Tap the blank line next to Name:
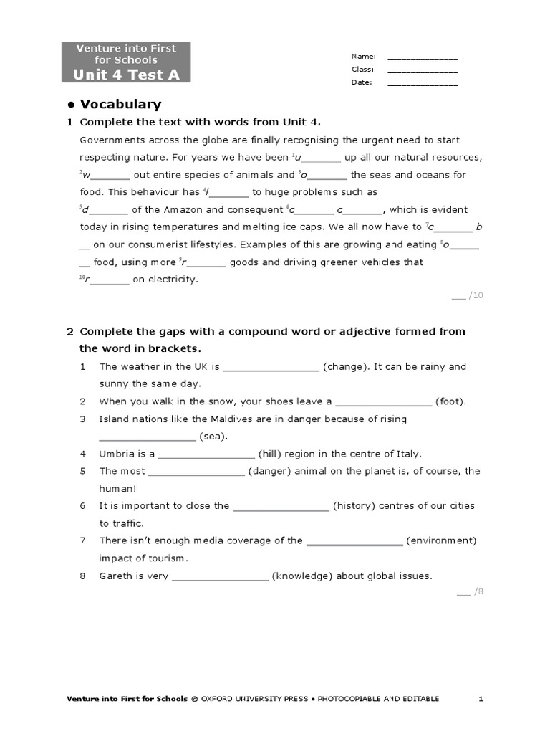click(x=423, y=58)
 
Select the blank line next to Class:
click(x=423, y=71)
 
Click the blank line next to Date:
click(x=423, y=84)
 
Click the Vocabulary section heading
click(x=120, y=105)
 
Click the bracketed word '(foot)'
click(x=450, y=401)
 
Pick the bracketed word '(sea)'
click(x=213, y=436)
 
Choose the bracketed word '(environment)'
click(x=441, y=540)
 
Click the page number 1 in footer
click(x=481, y=699)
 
